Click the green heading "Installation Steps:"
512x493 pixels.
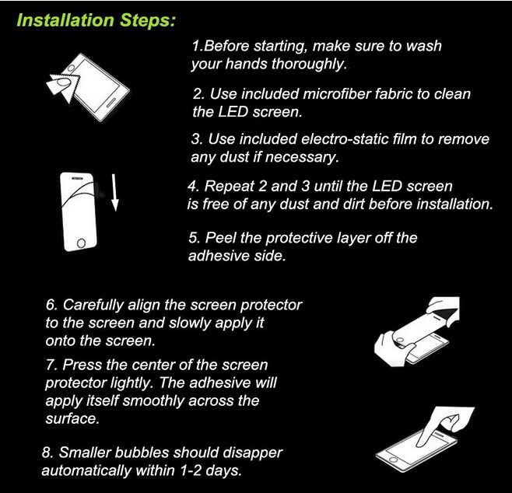(96, 20)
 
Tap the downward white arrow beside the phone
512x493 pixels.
(114, 193)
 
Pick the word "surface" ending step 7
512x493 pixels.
(72, 418)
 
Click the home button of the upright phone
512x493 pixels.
(81, 243)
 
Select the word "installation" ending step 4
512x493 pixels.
(454, 205)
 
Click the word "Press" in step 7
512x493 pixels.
(82, 365)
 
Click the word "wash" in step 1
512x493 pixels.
(423, 46)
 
